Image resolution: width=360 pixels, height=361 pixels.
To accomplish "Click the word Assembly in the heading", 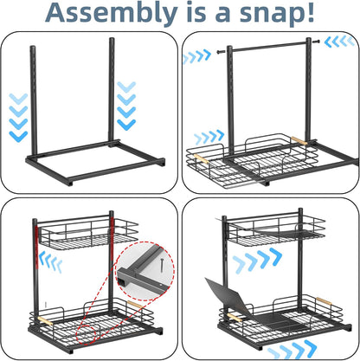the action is click(112, 13).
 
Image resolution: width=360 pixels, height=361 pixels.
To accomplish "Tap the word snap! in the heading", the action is click(277, 13).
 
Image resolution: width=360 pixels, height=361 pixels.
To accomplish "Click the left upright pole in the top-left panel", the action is click(34, 100).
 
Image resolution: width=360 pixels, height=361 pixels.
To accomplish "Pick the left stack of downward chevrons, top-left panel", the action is click(18, 118).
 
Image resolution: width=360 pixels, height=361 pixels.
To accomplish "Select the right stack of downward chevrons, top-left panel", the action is click(126, 106).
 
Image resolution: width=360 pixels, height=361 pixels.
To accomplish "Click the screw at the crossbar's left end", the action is click(221, 52).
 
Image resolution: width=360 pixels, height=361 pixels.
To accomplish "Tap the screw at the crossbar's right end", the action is click(316, 42).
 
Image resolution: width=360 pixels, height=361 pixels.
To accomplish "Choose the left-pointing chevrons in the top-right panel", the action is click(339, 42).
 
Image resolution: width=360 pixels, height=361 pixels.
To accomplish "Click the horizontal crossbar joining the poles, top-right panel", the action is click(269, 47).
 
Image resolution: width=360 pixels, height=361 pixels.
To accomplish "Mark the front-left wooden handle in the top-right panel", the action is click(201, 159).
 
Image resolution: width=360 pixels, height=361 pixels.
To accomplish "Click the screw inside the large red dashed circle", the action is click(162, 265).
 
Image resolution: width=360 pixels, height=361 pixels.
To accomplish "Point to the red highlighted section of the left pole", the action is click(36, 248).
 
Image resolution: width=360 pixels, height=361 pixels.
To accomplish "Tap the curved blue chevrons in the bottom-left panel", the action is click(50, 261).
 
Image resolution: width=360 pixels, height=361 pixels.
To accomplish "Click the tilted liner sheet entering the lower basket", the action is click(231, 297).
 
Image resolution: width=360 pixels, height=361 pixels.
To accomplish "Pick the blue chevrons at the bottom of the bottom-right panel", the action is click(292, 350).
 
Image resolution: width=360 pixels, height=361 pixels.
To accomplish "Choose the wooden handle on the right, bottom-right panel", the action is click(324, 301).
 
